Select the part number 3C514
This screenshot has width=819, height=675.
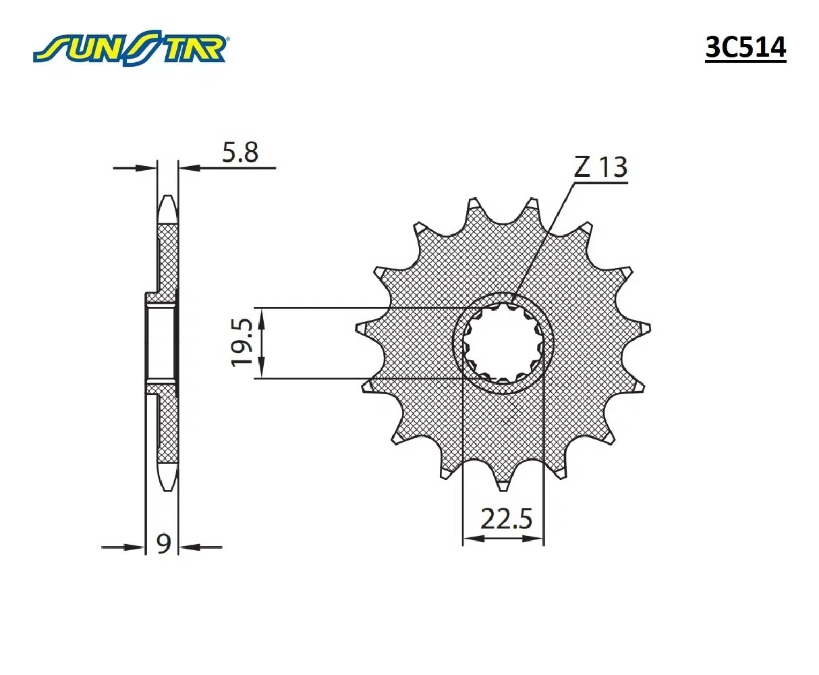(x=745, y=48)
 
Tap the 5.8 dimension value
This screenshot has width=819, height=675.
(x=240, y=153)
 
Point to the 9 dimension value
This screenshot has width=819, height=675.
(x=163, y=543)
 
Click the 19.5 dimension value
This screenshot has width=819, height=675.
(x=242, y=343)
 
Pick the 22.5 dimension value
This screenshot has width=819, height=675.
(x=506, y=520)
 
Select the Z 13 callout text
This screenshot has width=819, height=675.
(x=600, y=167)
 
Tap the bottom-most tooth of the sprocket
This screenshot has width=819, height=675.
(x=503, y=482)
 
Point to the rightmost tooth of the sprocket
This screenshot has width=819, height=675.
(x=644, y=328)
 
